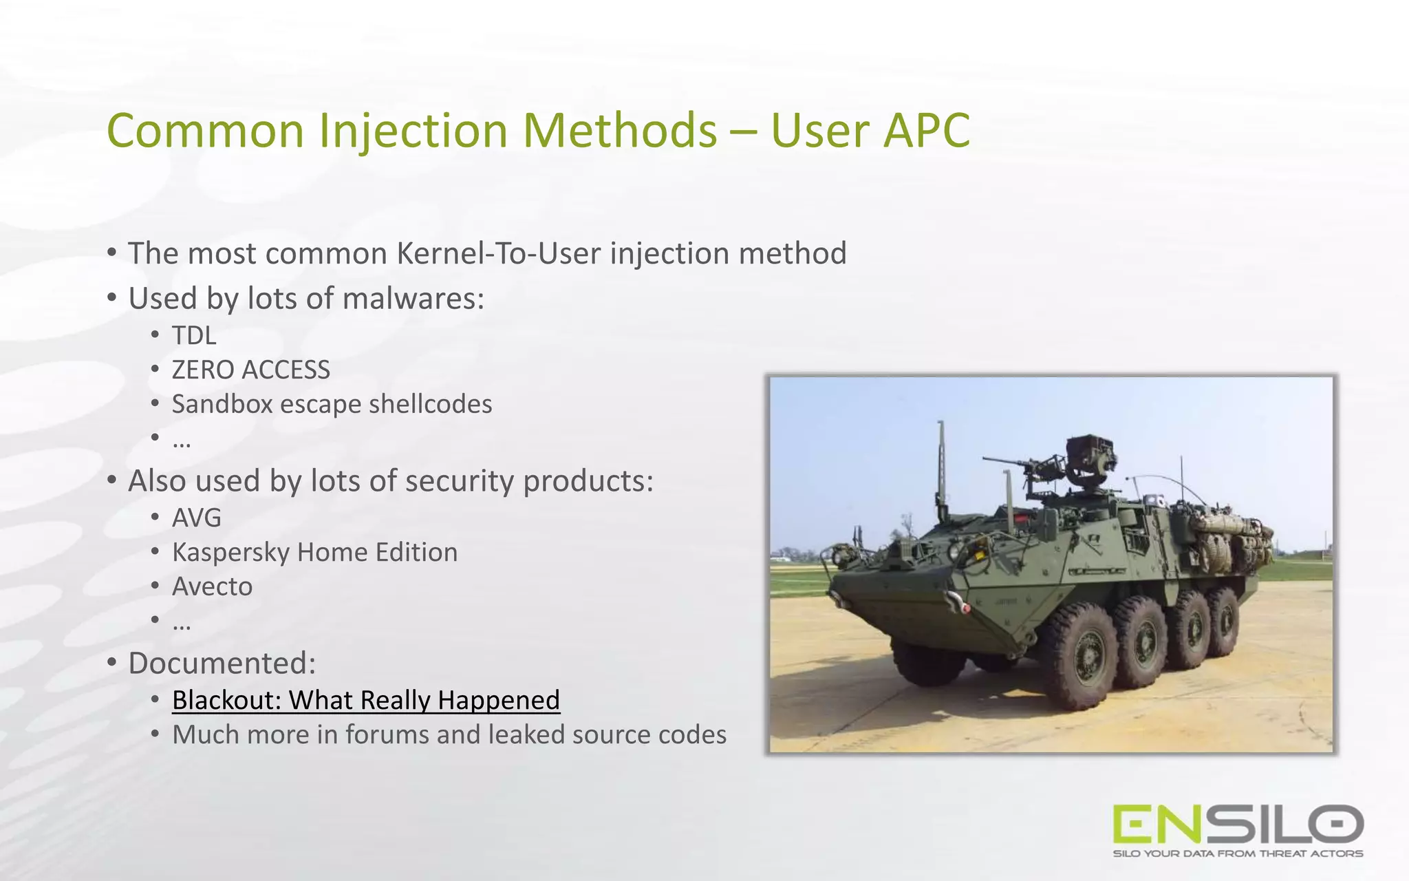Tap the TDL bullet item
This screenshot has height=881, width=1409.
pyautogui.click(x=194, y=336)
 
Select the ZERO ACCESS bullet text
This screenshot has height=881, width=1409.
pyautogui.click(x=250, y=370)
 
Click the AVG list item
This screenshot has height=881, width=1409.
pyautogui.click(x=197, y=518)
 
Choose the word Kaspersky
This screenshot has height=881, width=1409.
pyautogui.click(x=230, y=553)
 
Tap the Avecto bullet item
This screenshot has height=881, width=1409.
pyautogui.click(x=212, y=586)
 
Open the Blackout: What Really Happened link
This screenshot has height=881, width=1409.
pyautogui.click(x=365, y=700)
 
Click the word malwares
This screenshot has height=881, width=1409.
pyautogui.click(x=413, y=299)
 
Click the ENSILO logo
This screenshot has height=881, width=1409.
pyautogui.click(x=1238, y=824)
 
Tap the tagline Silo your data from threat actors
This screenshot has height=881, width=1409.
pyautogui.click(x=1238, y=853)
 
